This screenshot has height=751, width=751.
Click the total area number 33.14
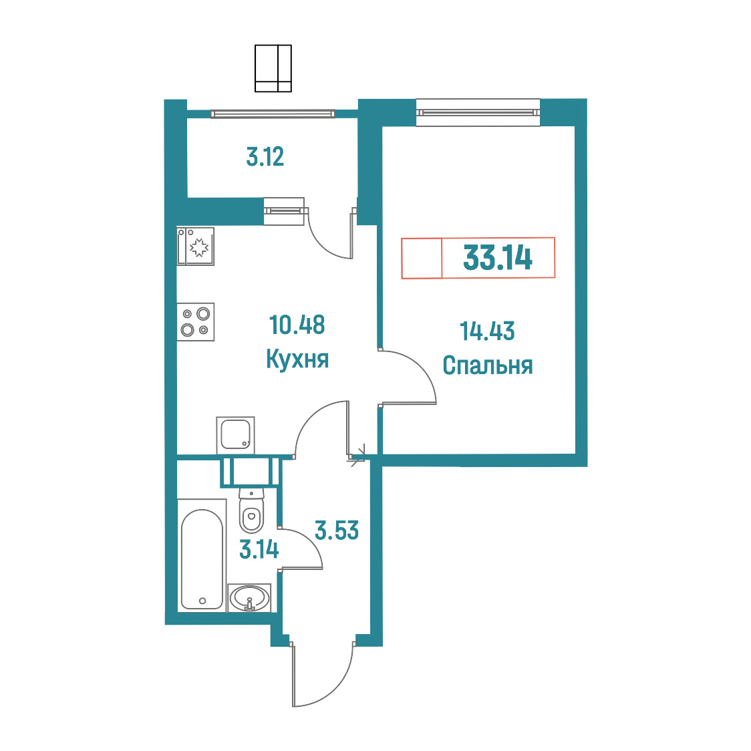click(x=498, y=258)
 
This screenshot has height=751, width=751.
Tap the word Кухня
click(x=297, y=359)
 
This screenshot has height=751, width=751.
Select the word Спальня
click(x=488, y=365)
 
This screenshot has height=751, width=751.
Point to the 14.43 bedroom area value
click(x=487, y=331)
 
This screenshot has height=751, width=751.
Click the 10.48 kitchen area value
click(x=297, y=325)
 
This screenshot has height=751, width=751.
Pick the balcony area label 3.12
click(x=265, y=156)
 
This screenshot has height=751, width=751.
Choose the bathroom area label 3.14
click(x=259, y=549)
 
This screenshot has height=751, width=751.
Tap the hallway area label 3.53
click(x=337, y=531)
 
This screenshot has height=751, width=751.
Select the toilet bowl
click(x=251, y=511)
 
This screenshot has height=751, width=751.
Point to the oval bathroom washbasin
click(x=249, y=598)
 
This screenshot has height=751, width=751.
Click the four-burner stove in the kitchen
click(x=195, y=322)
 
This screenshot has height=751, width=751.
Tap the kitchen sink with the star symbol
click(x=195, y=246)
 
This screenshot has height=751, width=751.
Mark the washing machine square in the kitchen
click(x=235, y=435)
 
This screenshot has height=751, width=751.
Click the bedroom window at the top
click(x=478, y=112)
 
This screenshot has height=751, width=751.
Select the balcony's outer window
click(x=273, y=114)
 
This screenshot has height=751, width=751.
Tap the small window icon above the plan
click(x=273, y=68)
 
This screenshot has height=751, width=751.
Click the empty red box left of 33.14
click(x=422, y=258)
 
